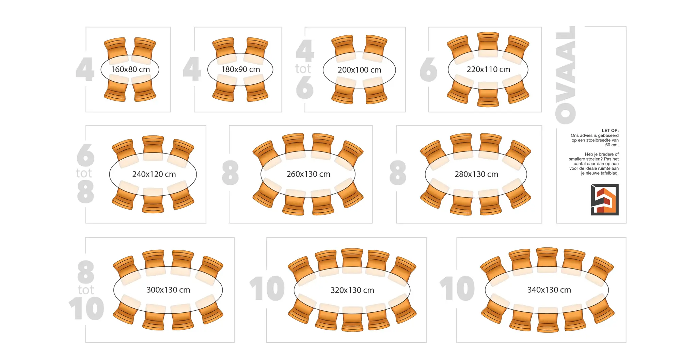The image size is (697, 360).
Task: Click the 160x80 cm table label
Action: [130, 69]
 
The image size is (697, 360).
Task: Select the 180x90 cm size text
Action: [240, 69]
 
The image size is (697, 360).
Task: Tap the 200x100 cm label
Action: [359, 70]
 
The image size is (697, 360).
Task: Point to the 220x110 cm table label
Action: [488, 69]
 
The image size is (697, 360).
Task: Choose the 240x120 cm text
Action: [154, 174]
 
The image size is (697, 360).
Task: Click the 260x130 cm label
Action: [308, 174]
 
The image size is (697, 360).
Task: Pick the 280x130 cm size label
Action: [476, 174]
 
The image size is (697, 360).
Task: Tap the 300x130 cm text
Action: [168, 290]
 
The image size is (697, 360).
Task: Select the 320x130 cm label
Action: [352, 290]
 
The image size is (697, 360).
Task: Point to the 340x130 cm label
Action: [549, 290]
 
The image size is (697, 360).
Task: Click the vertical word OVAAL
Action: [566, 75]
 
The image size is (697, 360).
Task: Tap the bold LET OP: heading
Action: [610, 130]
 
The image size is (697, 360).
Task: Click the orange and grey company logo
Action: [604, 200]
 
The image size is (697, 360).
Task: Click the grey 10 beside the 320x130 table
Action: [267, 289]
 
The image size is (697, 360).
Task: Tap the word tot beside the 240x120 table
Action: [84, 173]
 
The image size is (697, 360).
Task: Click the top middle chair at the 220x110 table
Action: [488, 43]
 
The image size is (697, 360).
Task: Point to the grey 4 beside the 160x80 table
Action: [85, 69]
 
